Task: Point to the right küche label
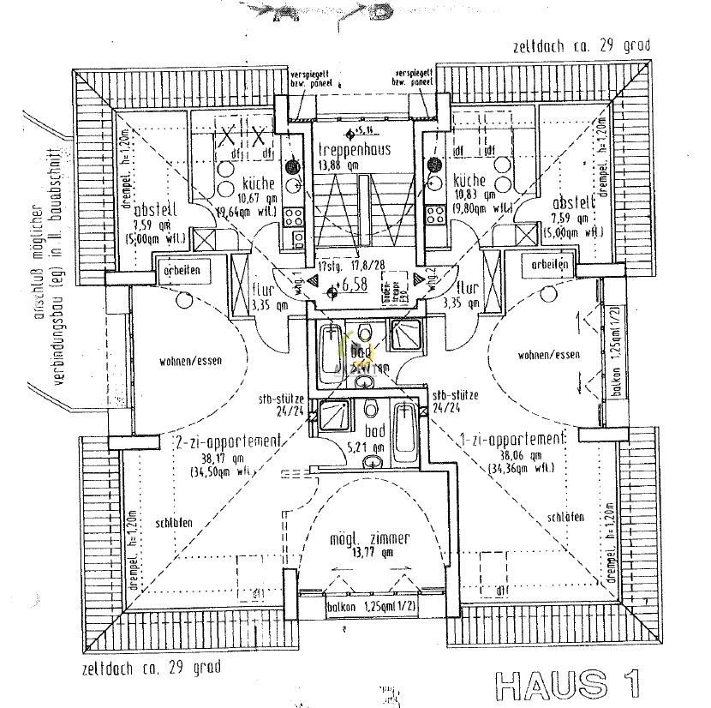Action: click(x=469, y=182)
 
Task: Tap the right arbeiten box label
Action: click(x=549, y=266)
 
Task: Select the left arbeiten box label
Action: click(x=180, y=270)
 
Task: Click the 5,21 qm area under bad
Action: click(x=375, y=446)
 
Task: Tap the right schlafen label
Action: click(x=563, y=517)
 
